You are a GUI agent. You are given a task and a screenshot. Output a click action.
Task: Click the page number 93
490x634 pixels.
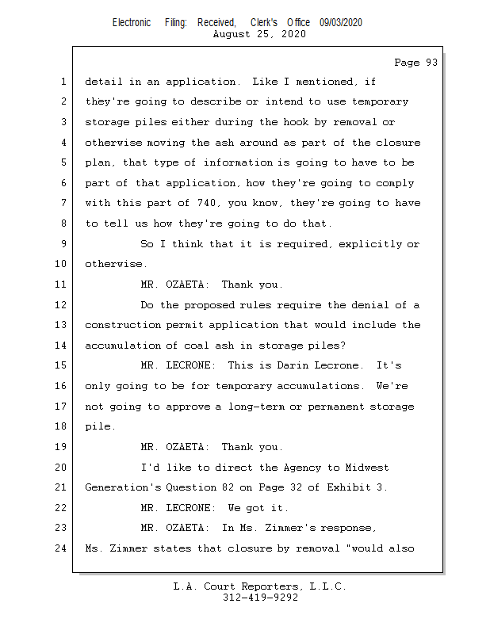tap(432, 63)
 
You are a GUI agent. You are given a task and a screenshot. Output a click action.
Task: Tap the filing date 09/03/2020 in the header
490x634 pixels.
tap(341, 23)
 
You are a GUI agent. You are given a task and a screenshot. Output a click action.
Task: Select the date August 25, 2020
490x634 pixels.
tap(259, 34)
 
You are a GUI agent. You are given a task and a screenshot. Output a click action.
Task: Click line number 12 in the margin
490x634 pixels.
tap(60, 304)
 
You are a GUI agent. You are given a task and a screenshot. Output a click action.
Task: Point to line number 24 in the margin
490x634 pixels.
tap(60, 548)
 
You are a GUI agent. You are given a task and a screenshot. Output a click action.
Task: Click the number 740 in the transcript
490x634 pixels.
tap(206, 203)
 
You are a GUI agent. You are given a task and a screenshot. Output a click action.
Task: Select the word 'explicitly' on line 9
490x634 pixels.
tap(369, 244)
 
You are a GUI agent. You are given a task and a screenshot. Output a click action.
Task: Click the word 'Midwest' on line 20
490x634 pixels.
tap(367, 468)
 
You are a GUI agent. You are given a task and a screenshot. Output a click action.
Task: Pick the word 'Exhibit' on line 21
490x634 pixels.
tap(348, 487)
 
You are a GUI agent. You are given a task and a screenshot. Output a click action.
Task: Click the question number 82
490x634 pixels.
tap(228, 487)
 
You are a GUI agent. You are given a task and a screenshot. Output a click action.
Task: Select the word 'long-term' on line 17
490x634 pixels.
tap(256, 407)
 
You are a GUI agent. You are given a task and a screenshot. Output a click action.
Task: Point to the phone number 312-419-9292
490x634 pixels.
tap(260, 598)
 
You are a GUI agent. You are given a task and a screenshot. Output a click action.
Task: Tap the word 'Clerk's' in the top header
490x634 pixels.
tap(264, 23)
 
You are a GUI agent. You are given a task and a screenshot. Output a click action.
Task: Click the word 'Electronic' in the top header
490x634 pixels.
tap(132, 23)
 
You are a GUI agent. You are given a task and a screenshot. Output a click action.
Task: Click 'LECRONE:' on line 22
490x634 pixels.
tap(190, 508)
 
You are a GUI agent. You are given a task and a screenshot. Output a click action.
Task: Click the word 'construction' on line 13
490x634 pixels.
tap(122, 325)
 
